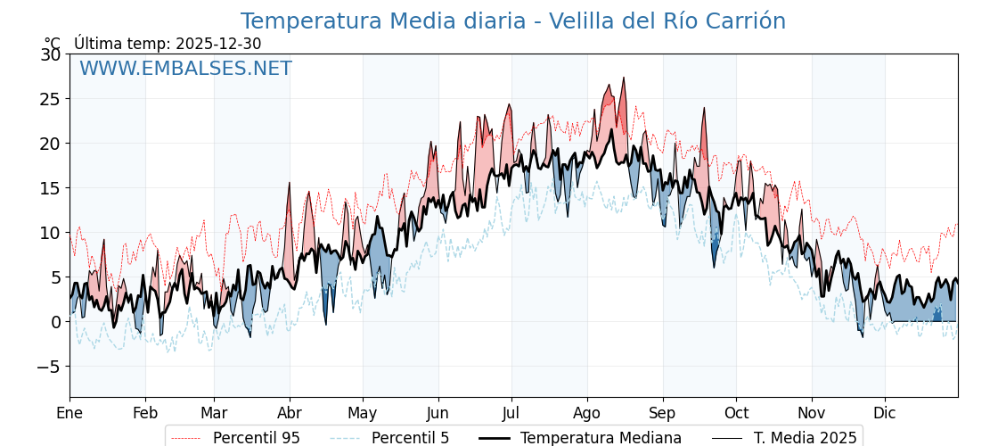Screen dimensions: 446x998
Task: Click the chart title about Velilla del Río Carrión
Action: coord(512,21)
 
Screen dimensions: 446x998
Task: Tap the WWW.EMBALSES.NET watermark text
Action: coord(185,69)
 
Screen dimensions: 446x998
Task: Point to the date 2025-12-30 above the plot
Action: coord(218,44)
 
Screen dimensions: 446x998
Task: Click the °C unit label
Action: coord(52,44)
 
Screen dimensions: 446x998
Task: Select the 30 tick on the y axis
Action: coord(50,54)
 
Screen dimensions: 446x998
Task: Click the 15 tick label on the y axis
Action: coord(50,188)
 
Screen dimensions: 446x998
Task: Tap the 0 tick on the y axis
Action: coord(55,322)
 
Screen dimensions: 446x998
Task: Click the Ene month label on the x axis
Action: coord(70,413)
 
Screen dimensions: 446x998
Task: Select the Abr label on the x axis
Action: coord(290,413)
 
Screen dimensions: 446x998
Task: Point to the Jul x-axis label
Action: coord(511,413)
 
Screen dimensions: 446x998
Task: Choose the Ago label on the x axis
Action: coord(587,413)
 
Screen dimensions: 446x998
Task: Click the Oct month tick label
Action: coord(736,413)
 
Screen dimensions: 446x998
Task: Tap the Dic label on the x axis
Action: coord(885,413)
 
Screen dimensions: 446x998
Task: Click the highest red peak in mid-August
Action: coord(624,78)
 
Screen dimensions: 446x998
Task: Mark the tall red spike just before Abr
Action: coord(289,184)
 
